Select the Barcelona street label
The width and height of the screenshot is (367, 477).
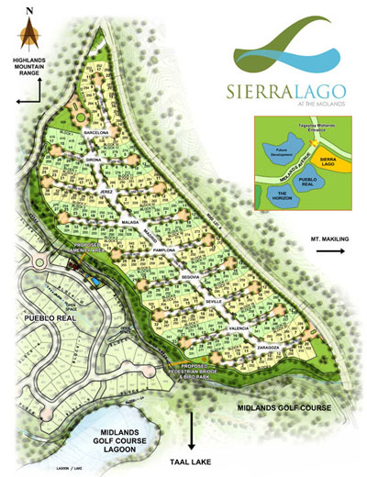pos(96,133)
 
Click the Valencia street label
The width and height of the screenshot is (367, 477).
pos(238,328)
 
